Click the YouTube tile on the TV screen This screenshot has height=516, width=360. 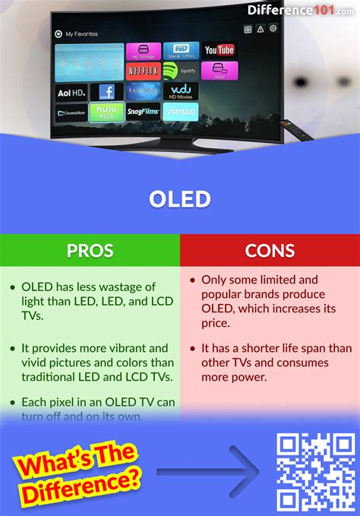219,50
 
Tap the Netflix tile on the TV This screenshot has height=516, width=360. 144,72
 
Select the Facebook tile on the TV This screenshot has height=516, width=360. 106,92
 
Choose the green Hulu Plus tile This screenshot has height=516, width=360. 106,112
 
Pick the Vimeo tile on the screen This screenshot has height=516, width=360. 182,111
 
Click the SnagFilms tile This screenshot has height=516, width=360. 144,112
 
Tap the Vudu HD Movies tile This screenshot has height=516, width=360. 181,92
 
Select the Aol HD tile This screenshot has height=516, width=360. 71,93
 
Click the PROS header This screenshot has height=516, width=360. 90,250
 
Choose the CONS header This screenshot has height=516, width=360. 270,250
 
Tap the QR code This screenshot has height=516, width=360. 314,471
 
